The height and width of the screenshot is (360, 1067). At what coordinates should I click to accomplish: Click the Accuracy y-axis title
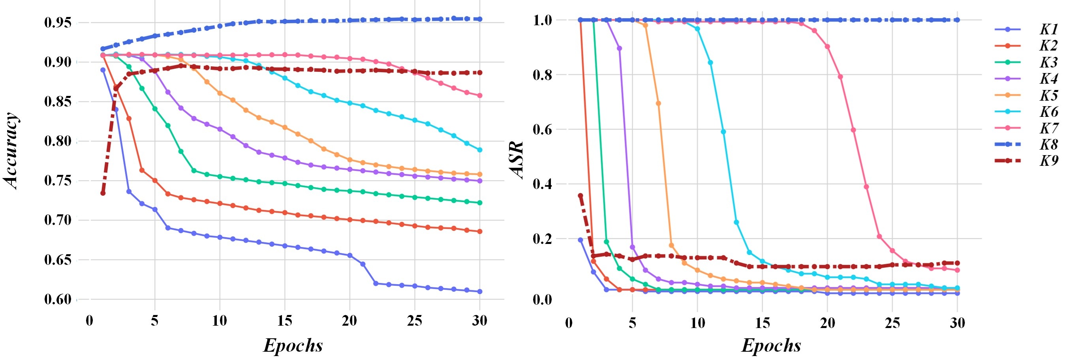pos(11,151)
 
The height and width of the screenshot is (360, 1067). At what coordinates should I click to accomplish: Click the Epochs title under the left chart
pos(293,345)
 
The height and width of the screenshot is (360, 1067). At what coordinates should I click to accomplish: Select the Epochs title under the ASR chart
pos(771,345)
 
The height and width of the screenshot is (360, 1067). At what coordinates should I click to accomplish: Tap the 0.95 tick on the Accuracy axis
pos(58,22)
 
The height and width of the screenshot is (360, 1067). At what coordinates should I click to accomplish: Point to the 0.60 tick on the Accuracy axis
pos(58,299)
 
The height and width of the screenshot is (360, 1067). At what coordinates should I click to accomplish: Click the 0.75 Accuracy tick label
pos(58,181)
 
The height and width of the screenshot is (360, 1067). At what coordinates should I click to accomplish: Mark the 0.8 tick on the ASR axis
pos(542,75)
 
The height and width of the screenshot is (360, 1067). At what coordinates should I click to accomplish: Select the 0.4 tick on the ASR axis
pos(542,184)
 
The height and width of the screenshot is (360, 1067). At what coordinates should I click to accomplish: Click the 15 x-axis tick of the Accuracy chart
pos(285,321)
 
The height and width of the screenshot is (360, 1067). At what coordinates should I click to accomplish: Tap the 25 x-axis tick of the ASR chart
pos(892,323)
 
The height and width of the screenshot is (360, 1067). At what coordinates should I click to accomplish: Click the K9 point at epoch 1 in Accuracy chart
pos(103,193)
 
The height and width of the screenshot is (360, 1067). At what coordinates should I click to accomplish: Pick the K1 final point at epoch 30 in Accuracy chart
pos(480,292)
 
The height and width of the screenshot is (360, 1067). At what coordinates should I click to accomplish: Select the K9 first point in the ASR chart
pos(580,195)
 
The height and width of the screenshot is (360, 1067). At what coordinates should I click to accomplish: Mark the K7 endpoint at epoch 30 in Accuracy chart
pos(480,96)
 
